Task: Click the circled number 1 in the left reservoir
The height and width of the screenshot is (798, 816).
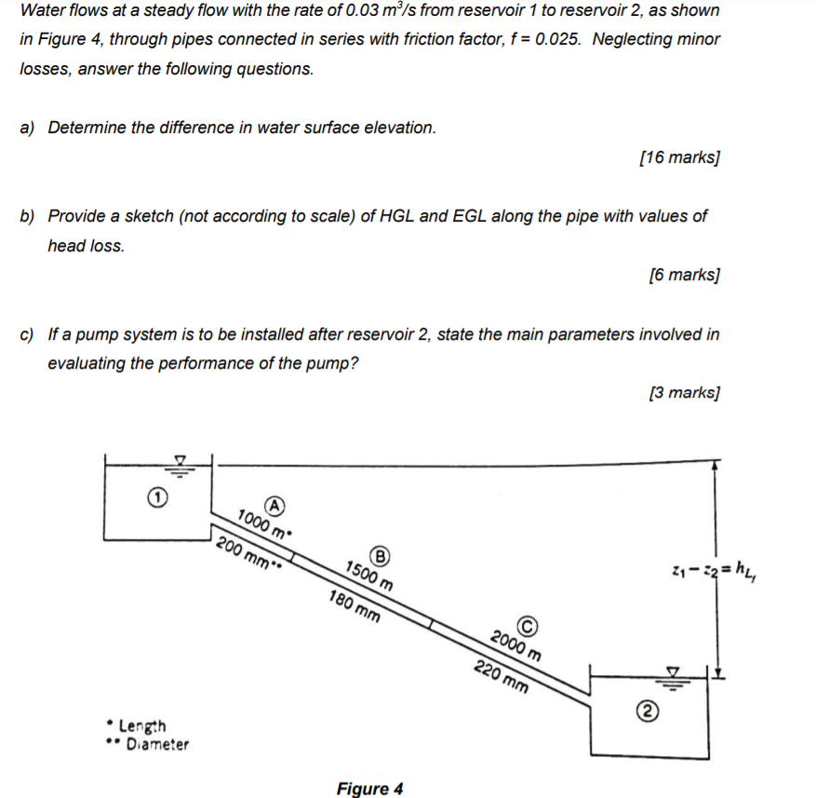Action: [x=158, y=499]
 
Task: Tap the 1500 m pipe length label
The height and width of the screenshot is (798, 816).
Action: [x=368, y=575]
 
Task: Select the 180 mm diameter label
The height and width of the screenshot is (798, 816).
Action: [x=354, y=606]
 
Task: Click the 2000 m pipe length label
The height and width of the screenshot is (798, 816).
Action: [x=515, y=643]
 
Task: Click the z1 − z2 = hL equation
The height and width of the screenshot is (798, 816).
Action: [x=715, y=568]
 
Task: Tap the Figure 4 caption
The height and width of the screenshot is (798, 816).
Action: [x=369, y=789]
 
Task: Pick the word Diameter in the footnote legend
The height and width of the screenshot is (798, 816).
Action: [x=157, y=744]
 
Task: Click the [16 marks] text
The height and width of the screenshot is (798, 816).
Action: [x=680, y=157]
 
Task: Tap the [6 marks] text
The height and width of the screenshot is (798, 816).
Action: [x=684, y=275]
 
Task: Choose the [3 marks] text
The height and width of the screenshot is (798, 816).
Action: [x=684, y=392]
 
